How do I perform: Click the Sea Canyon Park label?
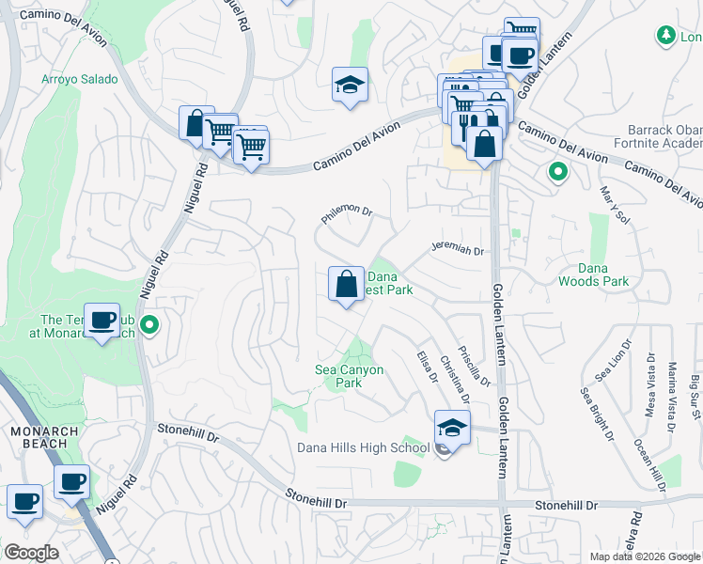[349, 376]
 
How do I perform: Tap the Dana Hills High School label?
[363, 447]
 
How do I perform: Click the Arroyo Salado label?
[80, 80]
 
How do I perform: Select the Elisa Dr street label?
[428, 366]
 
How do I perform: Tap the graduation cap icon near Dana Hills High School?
[452, 427]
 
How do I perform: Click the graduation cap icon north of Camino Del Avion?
[350, 85]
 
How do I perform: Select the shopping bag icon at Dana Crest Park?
[346, 283]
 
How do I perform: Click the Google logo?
[32, 553]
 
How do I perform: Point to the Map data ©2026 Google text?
[644, 556]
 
